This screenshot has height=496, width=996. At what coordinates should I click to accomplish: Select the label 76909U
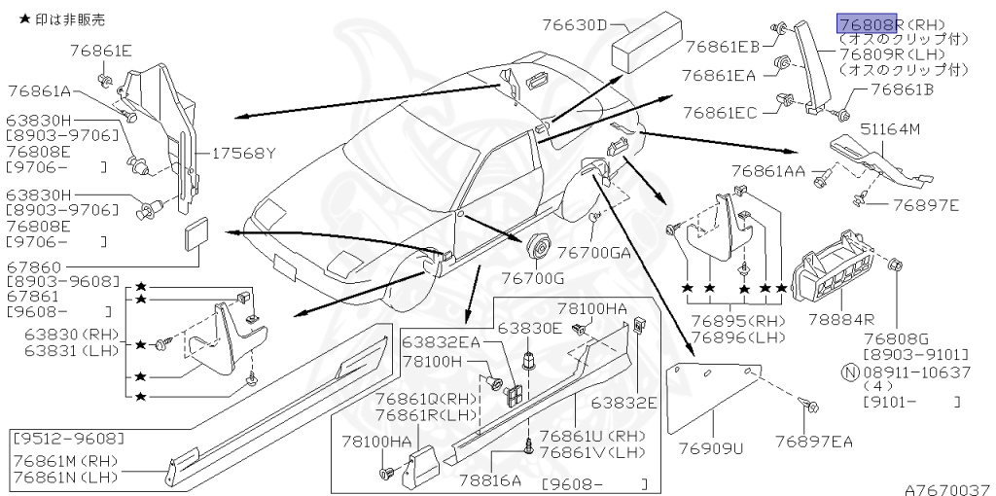710,449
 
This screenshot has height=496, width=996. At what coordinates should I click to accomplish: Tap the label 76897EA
814,443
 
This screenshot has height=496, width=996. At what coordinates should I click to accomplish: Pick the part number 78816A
492,478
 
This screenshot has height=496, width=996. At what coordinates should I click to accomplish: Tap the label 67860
34,266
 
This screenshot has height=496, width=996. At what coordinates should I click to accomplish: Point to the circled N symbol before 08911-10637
848,372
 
